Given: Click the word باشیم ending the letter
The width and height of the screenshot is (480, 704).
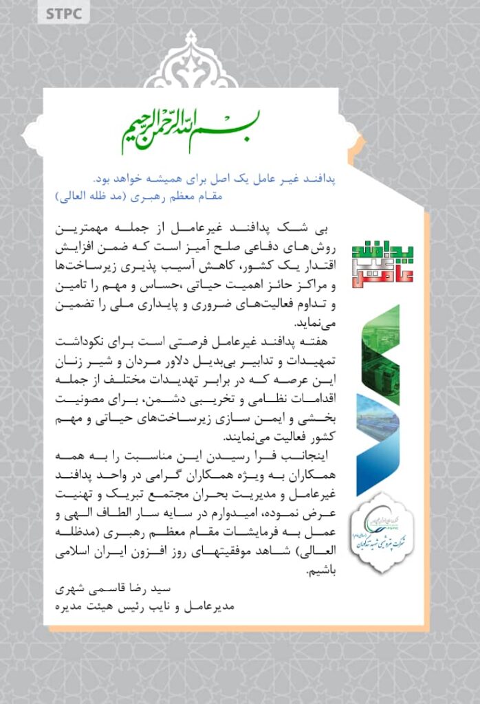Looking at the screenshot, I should click(72, 569).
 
